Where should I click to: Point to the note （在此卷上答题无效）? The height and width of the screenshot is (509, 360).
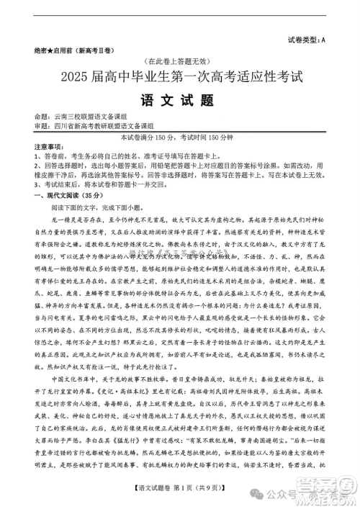click(179, 62)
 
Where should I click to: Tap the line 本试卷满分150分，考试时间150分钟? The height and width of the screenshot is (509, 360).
click(181, 137)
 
